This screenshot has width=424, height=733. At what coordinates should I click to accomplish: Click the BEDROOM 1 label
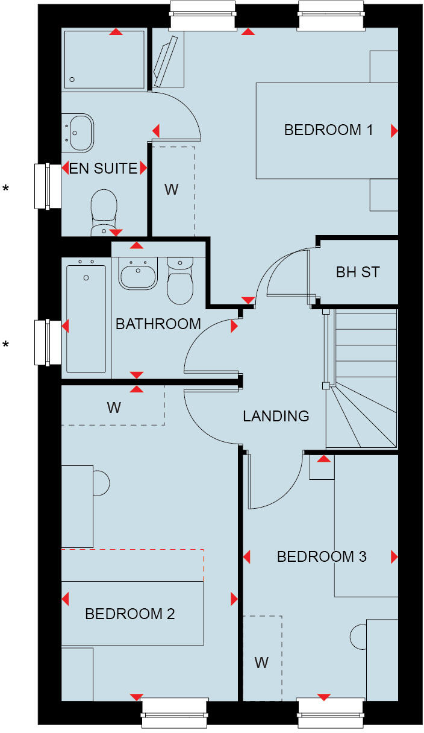[x=329, y=130]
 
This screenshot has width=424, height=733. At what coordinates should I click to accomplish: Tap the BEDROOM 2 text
[x=130, y=614]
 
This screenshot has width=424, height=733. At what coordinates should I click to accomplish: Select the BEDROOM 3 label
[x=322, y=556]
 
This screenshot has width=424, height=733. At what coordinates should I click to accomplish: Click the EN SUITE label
[x=104, y=168]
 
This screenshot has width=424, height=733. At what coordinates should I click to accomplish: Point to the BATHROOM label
[x=158, y=324]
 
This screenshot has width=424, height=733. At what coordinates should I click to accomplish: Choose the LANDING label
[x=276, y=416]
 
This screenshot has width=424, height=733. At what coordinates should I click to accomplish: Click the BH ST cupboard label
[x=358, y=272]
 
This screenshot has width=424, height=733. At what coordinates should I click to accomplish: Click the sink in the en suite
[x=81, y=132]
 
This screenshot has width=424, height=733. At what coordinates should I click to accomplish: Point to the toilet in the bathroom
[x=179, y=282]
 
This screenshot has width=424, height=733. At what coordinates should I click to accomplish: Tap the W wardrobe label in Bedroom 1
[x=172, y=189]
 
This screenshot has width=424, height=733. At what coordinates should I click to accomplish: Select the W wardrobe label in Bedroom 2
[x=114, y=407]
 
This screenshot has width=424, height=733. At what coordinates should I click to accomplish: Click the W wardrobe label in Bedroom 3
[x=261, y=663]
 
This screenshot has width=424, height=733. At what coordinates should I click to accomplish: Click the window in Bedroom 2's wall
[x=175, y=715]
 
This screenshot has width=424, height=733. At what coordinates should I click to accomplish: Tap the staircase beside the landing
[x=361, y=380]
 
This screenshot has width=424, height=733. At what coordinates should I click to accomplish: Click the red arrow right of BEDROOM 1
[x=394, y=130]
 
